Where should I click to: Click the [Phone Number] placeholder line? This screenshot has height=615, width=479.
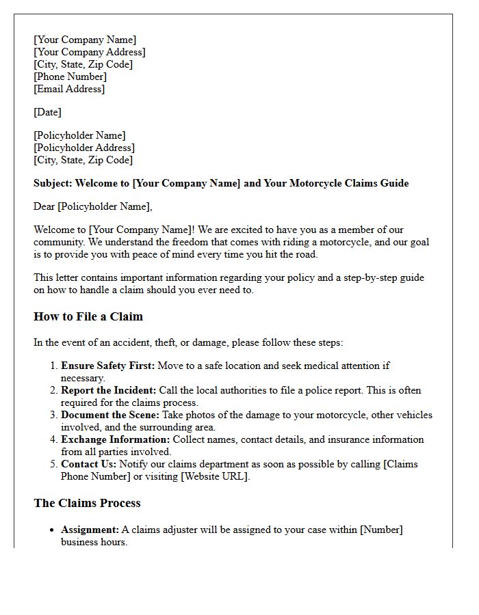point(70,77)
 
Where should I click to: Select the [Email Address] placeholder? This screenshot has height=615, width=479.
point(69,89)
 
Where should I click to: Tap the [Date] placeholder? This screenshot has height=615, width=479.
point(47,112)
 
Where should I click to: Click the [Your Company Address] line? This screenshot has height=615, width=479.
point(90,52)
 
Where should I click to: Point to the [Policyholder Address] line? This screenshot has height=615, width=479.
point(84,148)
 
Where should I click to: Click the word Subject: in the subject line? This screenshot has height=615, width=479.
point(53,183)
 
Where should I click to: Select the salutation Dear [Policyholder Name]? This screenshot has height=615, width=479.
point(93,206)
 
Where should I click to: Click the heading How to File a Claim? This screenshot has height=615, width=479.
point(88,317)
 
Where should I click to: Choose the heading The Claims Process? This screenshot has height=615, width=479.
point(87,503)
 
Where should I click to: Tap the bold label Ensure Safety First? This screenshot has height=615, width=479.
point(107,366)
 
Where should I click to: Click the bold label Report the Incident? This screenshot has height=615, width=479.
point(109,390)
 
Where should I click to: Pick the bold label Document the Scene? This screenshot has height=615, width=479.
point(108,415)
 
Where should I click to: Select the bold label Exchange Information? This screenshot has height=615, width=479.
point(115,439)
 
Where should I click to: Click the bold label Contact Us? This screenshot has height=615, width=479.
point(88,464)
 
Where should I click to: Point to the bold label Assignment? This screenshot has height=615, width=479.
point(90,530)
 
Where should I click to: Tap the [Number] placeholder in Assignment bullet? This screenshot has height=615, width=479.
point(380,530)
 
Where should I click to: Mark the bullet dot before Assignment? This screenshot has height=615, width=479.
point(53,530)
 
